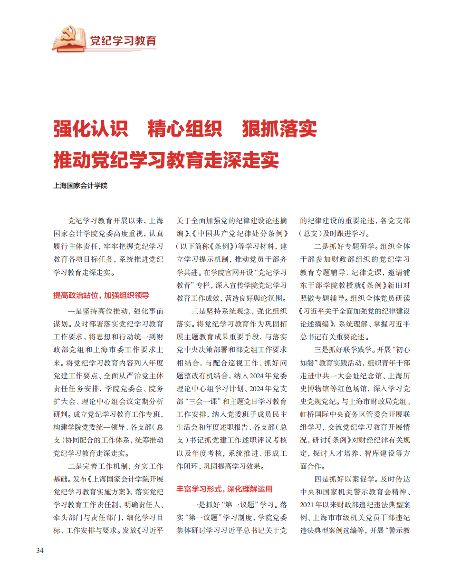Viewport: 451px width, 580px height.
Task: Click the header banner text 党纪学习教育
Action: pyautogui.click(x=123, y=40)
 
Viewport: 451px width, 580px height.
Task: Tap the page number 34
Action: pyautogui.click(x=40, y=551)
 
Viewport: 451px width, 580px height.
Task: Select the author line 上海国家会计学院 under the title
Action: pyautogui.click(x=80, y=186)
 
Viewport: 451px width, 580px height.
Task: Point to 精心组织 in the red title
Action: pyautogui.click(x=185, y=129)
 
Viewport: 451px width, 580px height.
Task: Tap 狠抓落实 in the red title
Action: pyautogui.click(x=279, y=129)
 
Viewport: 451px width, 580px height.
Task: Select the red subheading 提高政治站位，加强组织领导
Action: pyautogui.click(x=101, y=295)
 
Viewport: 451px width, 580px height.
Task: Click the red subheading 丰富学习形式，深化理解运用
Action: pyautogui.click(x=225, y=489)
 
